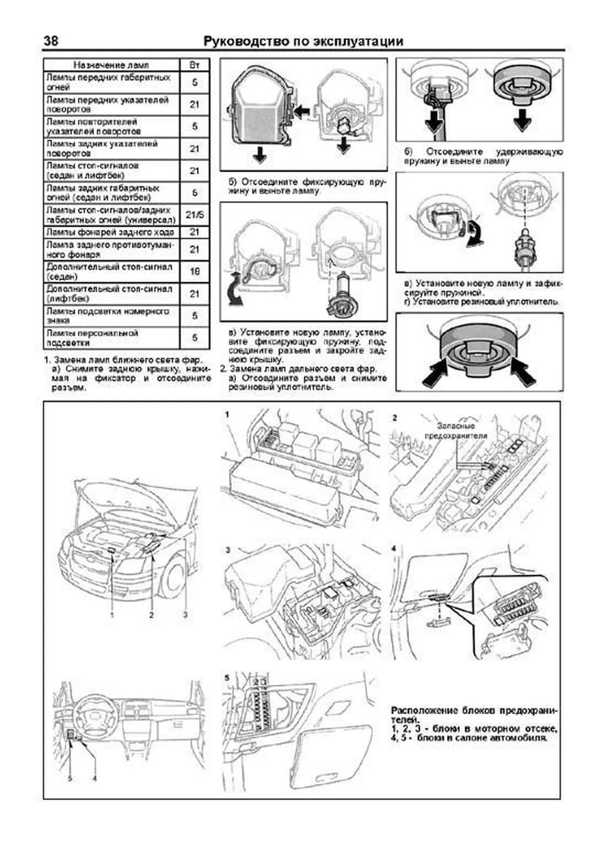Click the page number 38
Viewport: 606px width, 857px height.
(50, 41)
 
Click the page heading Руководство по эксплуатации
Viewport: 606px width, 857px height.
(303, 41)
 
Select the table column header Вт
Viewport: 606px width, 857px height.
(194, 65)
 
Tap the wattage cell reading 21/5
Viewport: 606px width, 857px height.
(194, 215)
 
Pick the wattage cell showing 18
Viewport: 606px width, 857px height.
(194, 272)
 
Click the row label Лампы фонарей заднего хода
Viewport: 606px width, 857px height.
(111, 232)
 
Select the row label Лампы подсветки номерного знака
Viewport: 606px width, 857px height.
(108, 316)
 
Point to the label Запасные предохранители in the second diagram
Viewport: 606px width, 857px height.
(456, 430)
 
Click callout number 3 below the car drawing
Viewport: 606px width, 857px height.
(185, 615)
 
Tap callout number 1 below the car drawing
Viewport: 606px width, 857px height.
(112, 615)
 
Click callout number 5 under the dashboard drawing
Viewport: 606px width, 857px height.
(70, 778)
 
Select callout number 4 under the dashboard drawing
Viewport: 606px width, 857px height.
(94, 778)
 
